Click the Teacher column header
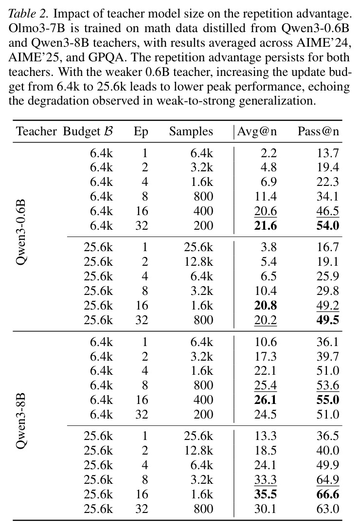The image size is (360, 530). pyautogui.click(x=36, y=131)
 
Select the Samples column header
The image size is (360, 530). pyautogui.click(x=191, y=131)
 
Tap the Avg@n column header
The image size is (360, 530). pyautogui.click(x=257, y=131)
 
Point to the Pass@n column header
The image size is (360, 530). pyautogui.click(x=318, y=131)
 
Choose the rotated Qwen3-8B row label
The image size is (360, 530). pyautogui.click(x=21, y=421)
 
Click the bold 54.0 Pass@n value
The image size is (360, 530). pyautogui.click(x=327, y=225)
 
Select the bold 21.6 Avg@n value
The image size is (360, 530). pyautogui.click(x=265, y=225)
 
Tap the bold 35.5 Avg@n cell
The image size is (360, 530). pyautogui.click(x=265, y=494)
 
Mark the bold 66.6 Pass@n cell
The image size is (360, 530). pyautogui.click(x=327, y=494)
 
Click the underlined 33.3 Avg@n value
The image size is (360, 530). pyautogui.click(x=265, y=480)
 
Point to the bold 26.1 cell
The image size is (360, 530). pyautogui.click(x=265, y=400)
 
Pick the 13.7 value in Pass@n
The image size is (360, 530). pyautogui.click(x=327, y=153)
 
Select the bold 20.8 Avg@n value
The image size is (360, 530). pyautogui.click(x=265, y=305)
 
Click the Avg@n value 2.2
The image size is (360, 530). pyautogui.click(x=269, y=153)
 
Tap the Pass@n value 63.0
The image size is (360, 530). pyautogui.click(x=327, y=509)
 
